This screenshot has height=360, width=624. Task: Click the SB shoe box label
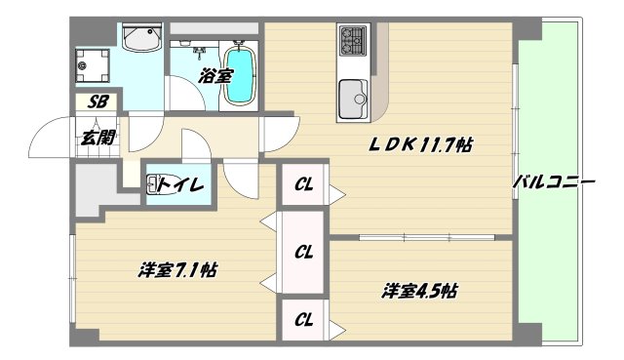(x=98, y=100)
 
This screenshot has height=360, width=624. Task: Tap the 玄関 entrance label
(x=97, y=137)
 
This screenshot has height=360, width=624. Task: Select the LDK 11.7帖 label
(x=420, y=145)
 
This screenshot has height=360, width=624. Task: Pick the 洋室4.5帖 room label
(x=420, y=290)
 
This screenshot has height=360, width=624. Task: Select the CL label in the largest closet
(x=304, y=252)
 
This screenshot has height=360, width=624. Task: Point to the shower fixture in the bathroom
(x=200, y=47)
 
